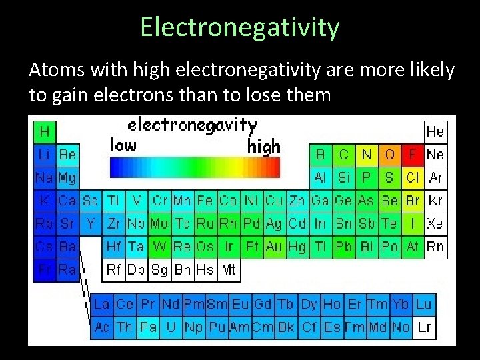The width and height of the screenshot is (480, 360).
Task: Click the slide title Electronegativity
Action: pos(240,27)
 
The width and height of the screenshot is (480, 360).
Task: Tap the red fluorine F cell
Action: pos(413,155)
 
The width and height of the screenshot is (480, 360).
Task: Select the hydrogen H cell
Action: pos(45,131)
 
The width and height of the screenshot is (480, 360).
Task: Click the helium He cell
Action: pos(435,131)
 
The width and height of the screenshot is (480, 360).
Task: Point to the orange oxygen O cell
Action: pos(389,155)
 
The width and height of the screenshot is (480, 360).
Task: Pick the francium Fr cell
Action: pos(45,269)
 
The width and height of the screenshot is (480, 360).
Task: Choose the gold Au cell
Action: pos(274,247)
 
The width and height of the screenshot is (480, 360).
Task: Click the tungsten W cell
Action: pos(159,247)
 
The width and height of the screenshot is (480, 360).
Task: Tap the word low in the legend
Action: pos(123,145)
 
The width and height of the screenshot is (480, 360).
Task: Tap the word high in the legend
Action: pos(264,147)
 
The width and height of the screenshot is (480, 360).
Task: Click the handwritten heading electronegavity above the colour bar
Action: pos(192,125)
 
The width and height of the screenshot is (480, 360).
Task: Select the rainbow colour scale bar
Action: pos(195,167)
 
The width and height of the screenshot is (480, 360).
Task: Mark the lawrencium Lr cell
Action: pos(424,327)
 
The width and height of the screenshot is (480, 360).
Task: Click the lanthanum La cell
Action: pos(101,305)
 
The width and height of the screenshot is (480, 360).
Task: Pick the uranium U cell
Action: pos(171,327)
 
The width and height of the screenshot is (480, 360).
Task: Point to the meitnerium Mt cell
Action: pos(228,269)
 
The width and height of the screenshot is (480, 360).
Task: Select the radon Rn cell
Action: pos(435,247)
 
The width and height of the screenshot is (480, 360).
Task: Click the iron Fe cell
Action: pos(205,201)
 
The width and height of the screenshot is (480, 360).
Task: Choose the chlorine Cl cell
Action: pos(413,178)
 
